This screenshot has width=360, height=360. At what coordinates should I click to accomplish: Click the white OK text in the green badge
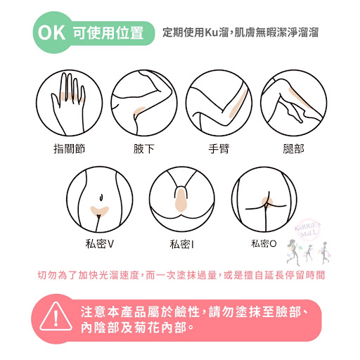point(51,32)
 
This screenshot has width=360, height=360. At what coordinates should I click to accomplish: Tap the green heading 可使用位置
point(108,32)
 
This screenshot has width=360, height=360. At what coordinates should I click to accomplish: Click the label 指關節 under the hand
point(69,148)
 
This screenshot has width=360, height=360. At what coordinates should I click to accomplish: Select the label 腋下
point(144,148)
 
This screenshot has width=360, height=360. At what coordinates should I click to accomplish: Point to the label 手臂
point(219,148)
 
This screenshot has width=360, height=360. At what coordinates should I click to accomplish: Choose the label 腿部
point(293,148)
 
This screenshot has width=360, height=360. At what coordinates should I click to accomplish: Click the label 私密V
point(99,244)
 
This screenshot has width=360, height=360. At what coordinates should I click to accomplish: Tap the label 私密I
point(182,244)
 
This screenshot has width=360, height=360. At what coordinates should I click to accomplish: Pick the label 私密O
point(264,244)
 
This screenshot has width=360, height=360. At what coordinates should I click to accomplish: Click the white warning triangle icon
point(56,316)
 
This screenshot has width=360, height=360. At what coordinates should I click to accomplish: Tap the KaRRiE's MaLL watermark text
point(307,230)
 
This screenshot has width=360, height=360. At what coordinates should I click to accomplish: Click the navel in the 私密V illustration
point(101,197)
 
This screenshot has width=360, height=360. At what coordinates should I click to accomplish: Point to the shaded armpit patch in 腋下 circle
point(139,110)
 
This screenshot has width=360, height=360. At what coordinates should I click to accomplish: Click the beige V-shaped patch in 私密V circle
point(99,211)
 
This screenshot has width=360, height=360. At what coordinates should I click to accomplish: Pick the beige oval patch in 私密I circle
point(181,200)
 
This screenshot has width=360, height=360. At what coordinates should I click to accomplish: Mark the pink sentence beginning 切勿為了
point(181,275)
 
